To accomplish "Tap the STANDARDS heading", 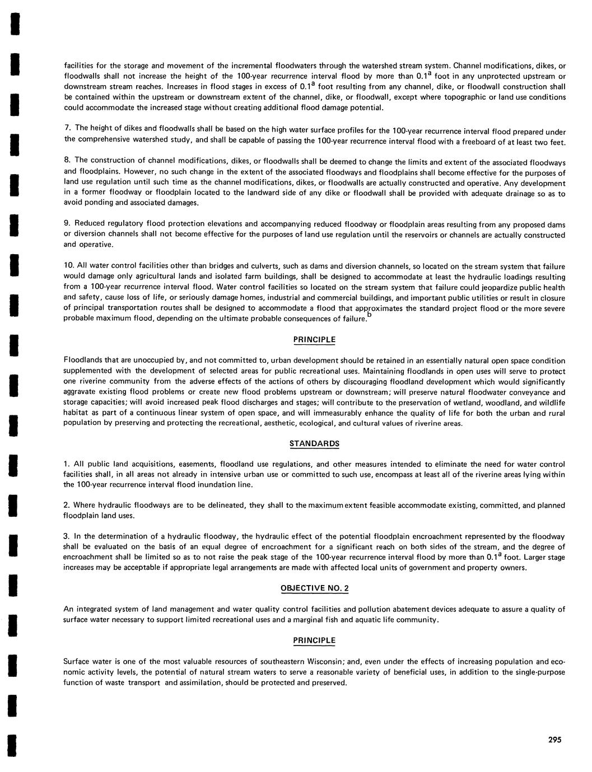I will point(314,443).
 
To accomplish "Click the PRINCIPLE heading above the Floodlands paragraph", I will point(314,339).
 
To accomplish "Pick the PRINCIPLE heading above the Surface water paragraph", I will point(314,640).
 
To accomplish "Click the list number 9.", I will point(67,224).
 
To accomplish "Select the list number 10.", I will point(69,265).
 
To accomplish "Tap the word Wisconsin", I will point(323,662).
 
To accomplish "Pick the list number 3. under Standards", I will point(67,536).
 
